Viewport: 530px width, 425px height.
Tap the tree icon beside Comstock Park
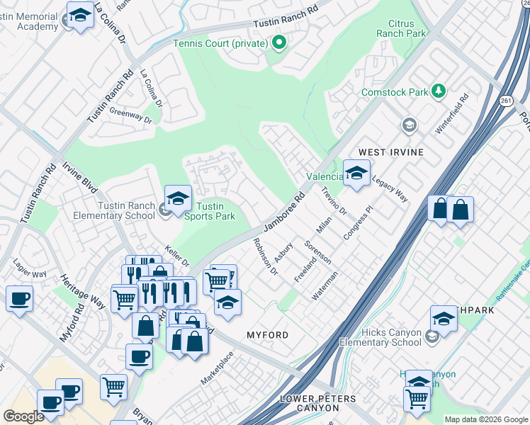click(x=439, y=91)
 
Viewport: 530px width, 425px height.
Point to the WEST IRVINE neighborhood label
click(x=390, y=152)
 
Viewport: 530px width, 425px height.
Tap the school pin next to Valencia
click(x=356, y=173)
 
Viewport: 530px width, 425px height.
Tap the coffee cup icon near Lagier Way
click(x=19, y=297)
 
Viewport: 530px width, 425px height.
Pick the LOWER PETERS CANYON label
click(x=317, y=404)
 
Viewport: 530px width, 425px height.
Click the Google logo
click(x=23, y=416)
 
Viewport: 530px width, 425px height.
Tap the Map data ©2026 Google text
click(x=486, y=419)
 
